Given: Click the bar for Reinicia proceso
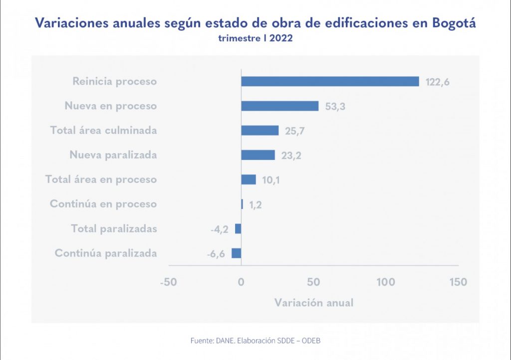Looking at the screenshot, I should point(330,81).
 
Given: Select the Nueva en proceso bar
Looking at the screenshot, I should point(279,106).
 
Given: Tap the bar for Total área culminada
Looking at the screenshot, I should point(259,130).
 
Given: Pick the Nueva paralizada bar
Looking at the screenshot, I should point(258,155).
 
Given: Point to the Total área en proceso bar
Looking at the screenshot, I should point(249,180).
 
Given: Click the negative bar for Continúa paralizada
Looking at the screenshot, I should point(237,253).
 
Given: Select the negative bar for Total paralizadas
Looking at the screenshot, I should point(238,228).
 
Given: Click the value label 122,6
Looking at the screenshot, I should point(438,82).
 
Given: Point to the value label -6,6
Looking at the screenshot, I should point(216,254).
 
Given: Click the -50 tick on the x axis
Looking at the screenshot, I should point(169,282).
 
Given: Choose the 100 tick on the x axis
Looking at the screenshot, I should point(386,282).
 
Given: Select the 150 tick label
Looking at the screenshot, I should point(458,282).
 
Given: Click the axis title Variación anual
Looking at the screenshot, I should point(313,303).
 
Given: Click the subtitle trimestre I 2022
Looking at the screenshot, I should point(255,38).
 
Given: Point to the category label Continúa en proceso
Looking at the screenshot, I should point(103,204).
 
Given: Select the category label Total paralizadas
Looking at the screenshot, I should point(114,228).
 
